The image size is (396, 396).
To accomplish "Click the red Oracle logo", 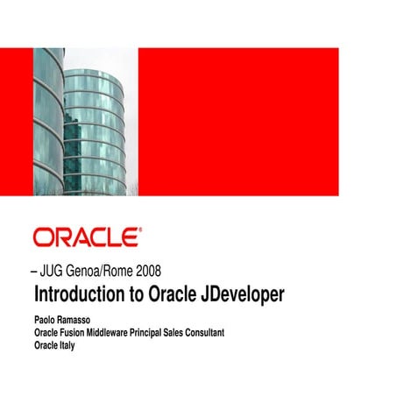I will [85, 238].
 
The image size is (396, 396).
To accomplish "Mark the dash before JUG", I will [35, 271].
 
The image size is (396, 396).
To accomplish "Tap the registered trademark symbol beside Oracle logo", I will [138, 231].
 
